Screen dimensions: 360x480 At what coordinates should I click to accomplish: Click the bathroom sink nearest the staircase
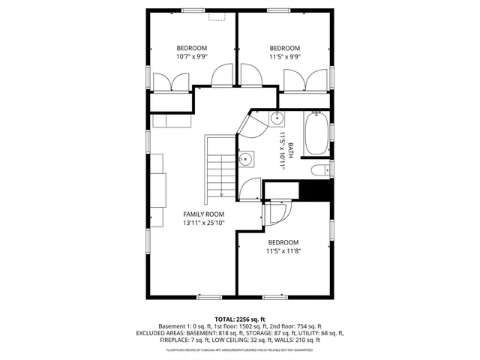pyautogui.click(x=245, y=159)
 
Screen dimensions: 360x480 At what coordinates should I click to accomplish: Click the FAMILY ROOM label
pyautogui.click(x=204, y=214)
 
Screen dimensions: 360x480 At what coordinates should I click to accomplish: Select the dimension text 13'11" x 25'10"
pyautogui.click(x=204, y=223)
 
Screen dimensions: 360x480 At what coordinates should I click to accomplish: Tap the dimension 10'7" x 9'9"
pyautogui.click(x=192, y=56)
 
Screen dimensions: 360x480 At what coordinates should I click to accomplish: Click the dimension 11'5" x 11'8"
pyautogui.click(x=283, y=251)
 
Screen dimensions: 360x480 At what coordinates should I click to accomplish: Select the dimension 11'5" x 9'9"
pyautogui.click(x=285, y=56)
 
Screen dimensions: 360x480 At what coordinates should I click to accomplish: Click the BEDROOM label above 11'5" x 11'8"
pyautogui.click(x=283, y=242)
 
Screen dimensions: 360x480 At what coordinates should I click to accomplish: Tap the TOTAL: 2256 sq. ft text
pyautogui.click(x=240, y=319)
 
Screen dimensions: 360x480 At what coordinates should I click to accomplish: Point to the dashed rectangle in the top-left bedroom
pyautogui.click(x=218, y=16)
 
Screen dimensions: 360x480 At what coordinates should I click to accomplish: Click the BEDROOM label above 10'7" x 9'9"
pyautogui.click(x=192, y=47)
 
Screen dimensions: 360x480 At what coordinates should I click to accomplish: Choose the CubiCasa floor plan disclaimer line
pyautogui.click(x=240, y=349)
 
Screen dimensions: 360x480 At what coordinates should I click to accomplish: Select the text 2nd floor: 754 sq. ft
pyautogui.click(x=294, y=326)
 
